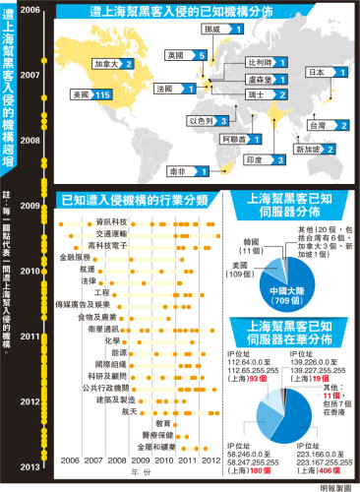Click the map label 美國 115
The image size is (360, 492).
click(80, 94)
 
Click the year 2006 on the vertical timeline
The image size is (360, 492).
click(31, 9)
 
